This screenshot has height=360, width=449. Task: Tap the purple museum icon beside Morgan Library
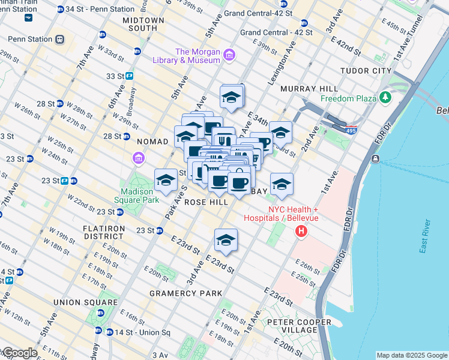[x=229, y=56]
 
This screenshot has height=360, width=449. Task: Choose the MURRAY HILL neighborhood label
[x=306, y=89]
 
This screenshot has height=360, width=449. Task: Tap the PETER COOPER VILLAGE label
[x=300, y=326]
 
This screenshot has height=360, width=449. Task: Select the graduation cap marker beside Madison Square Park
[x=166, y=180]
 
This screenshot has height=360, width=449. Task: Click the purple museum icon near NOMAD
[x=138, y=158]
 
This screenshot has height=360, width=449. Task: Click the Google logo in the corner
[x=19, y=353]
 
